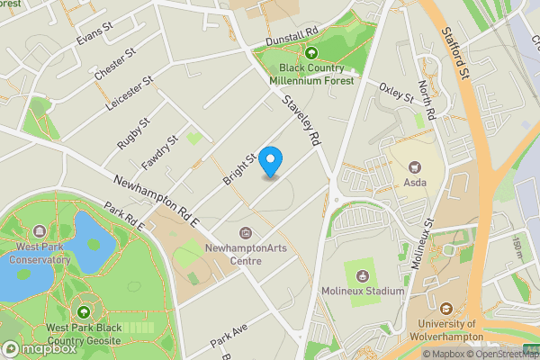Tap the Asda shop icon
(x=415, y=166)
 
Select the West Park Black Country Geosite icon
(x=84, y=311)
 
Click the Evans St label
(x=94, y=34)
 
